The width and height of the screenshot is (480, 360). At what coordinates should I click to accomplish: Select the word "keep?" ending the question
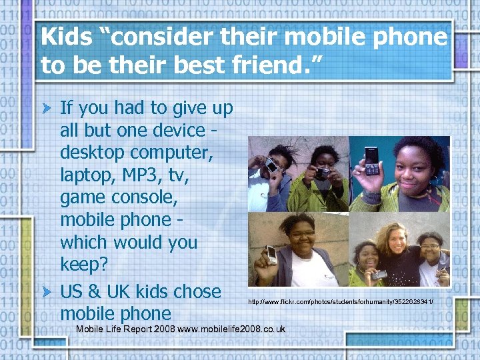point(83,265)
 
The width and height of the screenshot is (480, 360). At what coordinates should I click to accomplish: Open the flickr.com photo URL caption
point(341,302)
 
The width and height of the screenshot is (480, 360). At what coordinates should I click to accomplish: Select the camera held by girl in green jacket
point(323,173)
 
